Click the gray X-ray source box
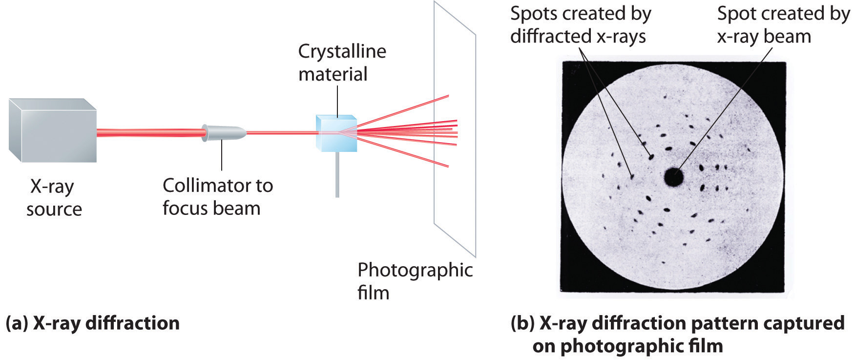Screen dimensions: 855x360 (x=53, y=130)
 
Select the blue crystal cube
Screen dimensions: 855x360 (x=336, y=133)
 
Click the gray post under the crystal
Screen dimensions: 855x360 (x=337, y=174)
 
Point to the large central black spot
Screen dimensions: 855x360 (x=674, y=176)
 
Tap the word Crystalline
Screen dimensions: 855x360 (x=342, y=52)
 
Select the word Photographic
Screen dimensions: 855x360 (x=415, y=270)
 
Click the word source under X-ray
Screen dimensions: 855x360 (x=54, y=210)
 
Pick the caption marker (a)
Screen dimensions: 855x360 (x=16, y=323)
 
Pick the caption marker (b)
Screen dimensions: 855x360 (x=522, y=323)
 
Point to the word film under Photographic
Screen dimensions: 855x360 (x=374, y=293)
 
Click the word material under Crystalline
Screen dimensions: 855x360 (x=333, y=74)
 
